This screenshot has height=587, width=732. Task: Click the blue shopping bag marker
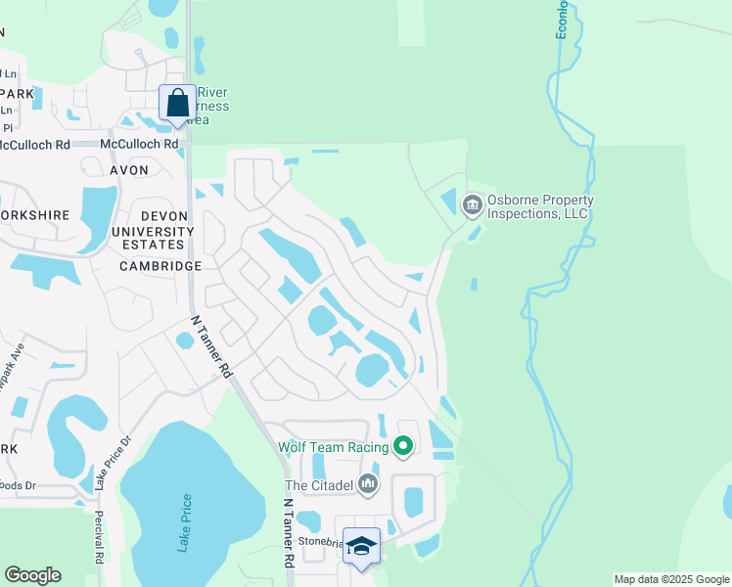point(177,103)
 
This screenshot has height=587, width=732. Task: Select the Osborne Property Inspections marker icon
point(472,204)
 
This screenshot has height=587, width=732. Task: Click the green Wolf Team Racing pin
point(403,447)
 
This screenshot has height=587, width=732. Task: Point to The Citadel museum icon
point(368,483)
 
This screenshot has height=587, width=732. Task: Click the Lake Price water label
point(186,524)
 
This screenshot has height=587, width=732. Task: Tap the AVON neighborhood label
point(129,170)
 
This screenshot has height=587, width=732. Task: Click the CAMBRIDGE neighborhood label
point(160,266)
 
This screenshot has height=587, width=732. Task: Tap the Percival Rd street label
point(99,538)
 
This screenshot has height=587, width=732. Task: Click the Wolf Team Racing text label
point(333,447)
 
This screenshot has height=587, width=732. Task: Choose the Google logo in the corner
point(32,575)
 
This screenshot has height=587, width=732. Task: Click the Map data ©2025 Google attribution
point(670,579)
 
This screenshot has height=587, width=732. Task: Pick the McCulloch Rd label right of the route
point(144,144)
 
